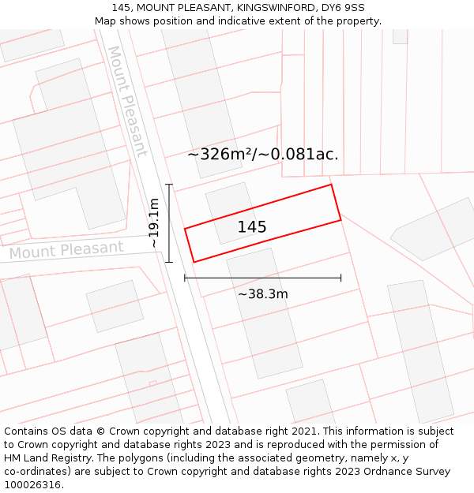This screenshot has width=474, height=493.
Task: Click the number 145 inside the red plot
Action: click(252, 227)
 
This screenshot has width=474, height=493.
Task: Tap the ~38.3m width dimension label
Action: click(263, 294)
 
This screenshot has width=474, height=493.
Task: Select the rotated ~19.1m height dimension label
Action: click(154, 223)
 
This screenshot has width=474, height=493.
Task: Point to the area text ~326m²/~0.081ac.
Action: click(263, 155)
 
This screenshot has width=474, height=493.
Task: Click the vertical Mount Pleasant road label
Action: click(127, 101)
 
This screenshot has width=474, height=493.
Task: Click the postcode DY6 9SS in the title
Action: click(344, 8)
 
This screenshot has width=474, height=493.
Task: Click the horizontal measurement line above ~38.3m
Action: click(263, 278)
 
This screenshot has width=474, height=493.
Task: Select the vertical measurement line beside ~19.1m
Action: click(168, 223)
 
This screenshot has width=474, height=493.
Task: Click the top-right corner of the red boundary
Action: click(331, 185)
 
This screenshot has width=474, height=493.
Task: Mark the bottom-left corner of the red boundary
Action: click(194, 262)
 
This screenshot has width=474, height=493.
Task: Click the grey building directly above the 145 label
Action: click(228, 201)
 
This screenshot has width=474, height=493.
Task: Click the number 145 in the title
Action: click(122, 8)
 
